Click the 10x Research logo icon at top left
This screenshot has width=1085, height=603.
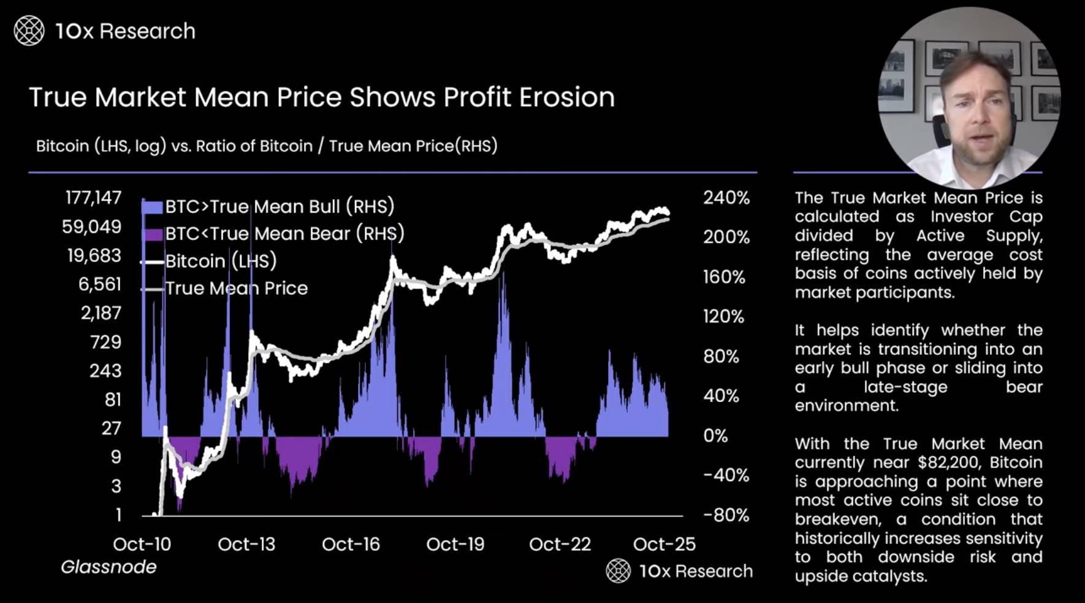point(29,31)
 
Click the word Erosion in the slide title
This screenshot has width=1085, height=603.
point(567,97)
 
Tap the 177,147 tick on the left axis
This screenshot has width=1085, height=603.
point(93,198)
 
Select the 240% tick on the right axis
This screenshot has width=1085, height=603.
point(726,198)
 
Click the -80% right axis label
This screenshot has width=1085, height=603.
point(726,515)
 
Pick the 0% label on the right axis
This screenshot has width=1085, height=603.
point(715,436)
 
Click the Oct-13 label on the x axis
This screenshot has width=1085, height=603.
point(246,544)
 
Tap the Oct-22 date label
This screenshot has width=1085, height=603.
point(560,544)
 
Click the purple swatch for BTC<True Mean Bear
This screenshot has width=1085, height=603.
point(153,234)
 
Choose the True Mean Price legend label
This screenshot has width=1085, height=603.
point(236,289)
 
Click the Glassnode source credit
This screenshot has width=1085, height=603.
point(108,567)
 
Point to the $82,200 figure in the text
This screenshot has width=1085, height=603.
point(950,463)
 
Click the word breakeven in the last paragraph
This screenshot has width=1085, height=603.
point(838,520)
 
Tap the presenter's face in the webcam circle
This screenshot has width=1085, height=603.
point(975,110)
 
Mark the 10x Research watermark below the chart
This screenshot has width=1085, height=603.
point(680,571)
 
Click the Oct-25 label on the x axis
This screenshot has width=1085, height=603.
point(664,544)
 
